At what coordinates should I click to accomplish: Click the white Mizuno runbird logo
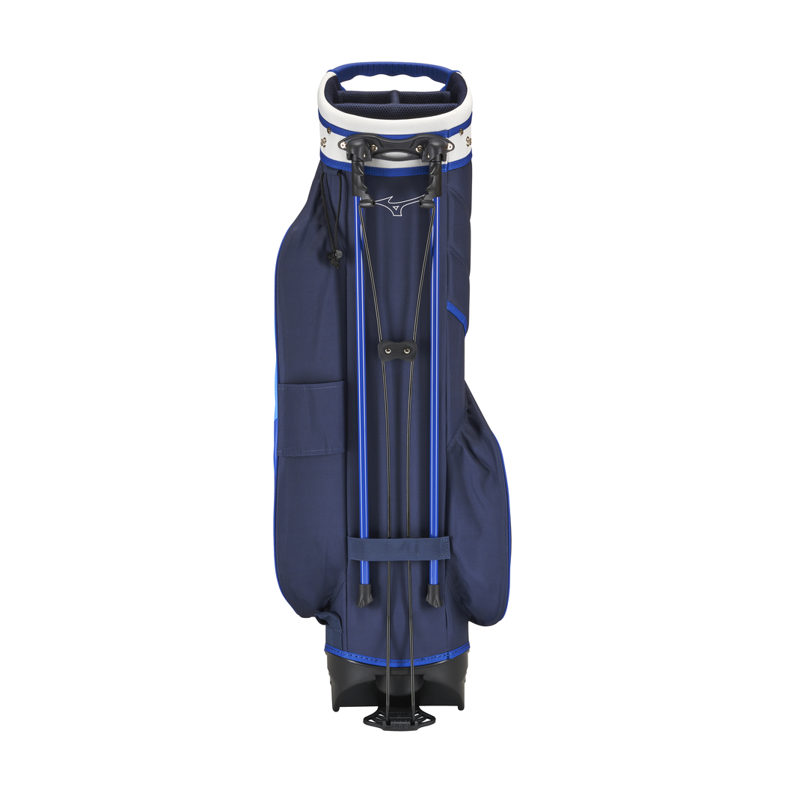pyautogui.click(x=394, y=205)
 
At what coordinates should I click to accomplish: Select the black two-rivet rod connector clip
pyautogui.click(x=396, y=349)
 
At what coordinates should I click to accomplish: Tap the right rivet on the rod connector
pyautogui.click(x=407, y=349)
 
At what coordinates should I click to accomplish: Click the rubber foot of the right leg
pyautogui.click(x=432, y=595)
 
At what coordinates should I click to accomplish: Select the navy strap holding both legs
pyautogui.click(x=399, y=548)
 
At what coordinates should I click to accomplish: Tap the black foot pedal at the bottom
pyautogui.click(x=399, y=718)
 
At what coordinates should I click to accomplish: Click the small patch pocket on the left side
pyautogui.click(x=322, y=417)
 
